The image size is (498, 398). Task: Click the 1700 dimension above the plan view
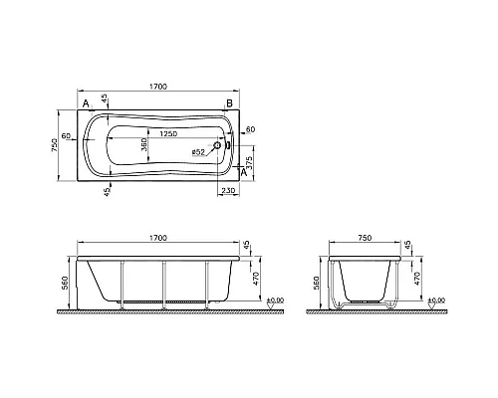point(158,87)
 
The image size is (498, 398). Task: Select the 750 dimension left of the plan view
point(55,145)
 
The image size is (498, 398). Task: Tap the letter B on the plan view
point(229,103)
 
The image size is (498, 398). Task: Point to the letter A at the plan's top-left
point(86,103)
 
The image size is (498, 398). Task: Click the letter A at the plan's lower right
point(243,172)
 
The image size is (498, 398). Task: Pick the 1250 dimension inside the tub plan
point(168,133)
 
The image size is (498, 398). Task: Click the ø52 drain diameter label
point(198,152)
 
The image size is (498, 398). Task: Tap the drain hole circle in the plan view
point(217,145)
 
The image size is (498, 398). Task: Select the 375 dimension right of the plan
point(250,162)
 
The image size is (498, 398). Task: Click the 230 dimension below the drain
point(228,190)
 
